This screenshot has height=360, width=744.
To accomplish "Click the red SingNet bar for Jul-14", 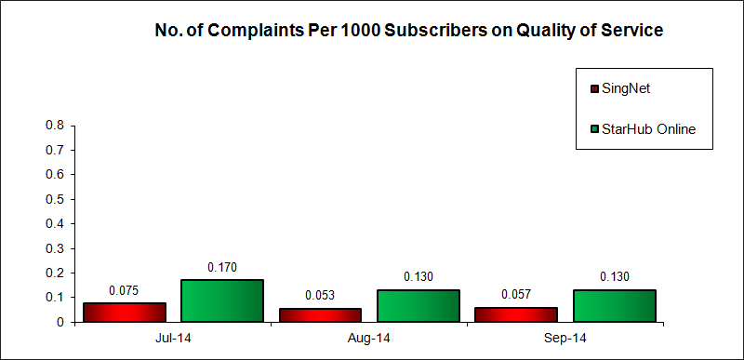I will pos(125,313).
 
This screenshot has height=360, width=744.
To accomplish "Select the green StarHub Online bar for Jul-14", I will pos(222,300).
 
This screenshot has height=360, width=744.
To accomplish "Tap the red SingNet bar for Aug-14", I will pos(321,315).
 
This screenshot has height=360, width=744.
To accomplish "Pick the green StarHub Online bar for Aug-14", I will pos(418,305).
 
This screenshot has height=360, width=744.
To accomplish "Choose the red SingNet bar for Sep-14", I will pos(516,314).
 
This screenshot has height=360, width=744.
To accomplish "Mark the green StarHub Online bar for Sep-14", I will pos(615,305).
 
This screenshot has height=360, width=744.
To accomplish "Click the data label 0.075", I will pos(125,290).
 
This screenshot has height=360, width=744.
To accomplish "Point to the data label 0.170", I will pos(222,267).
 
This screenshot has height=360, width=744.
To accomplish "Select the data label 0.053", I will pos(321,296).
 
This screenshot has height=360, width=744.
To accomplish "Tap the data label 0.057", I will pos(516,295).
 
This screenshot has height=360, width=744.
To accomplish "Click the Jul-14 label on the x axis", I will pos(173,338).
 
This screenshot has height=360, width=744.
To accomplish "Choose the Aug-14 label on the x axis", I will pos(369,338).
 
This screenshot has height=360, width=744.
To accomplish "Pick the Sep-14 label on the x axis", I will pos(565,338).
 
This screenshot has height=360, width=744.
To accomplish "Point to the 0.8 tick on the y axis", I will pos(55,125).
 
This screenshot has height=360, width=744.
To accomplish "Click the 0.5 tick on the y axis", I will pos(55,199).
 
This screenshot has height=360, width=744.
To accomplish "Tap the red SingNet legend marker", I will pos(593,89).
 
